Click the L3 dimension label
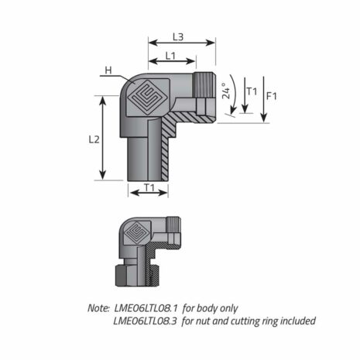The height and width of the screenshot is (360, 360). [x=178, y=36]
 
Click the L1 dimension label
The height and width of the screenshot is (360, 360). [x=170, y=57]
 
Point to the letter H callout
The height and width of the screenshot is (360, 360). [x=108, y=71]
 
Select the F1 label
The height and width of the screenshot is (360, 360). [x=272, y=97]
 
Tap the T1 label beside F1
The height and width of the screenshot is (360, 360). [x=250, y=91]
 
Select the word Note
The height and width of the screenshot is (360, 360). [x=98, y=307]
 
